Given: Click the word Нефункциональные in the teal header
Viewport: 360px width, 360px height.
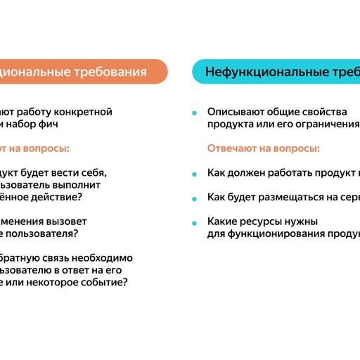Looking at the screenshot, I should [255, 72].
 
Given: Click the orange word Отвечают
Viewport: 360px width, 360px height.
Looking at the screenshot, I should [233, 148].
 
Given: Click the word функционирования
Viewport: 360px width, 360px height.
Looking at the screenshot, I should [266, 234].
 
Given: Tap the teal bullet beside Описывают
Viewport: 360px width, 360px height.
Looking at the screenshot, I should [193, 112].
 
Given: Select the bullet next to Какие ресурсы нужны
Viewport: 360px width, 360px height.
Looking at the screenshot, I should [193, 222].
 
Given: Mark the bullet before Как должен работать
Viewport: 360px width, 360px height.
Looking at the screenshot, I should [193, 173].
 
